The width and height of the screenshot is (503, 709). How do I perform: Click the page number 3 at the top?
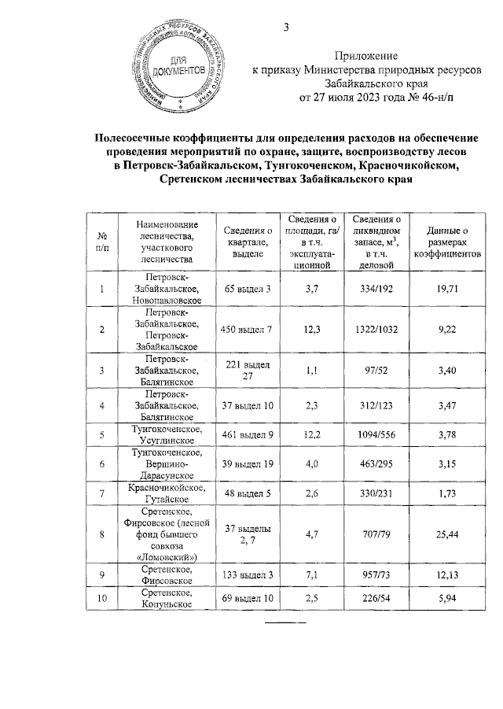[287, 30]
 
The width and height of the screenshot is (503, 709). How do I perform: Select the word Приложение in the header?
[365, 56]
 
